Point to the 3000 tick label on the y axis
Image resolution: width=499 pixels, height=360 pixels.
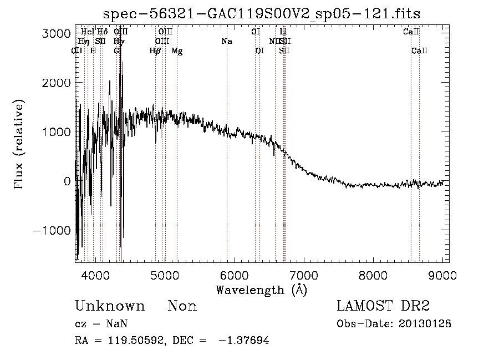57,33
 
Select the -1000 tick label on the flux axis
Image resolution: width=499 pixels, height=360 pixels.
53,230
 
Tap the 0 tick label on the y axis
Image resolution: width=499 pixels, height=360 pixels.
67,181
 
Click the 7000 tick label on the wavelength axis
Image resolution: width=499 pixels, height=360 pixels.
304,275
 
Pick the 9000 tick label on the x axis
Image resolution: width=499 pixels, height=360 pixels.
442,275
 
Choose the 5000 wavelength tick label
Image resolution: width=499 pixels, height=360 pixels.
165,275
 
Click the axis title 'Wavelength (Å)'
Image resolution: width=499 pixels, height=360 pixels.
261,290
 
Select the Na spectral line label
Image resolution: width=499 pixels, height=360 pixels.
226,42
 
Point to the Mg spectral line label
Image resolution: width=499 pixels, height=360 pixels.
177,51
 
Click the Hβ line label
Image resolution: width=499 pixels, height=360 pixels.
155,51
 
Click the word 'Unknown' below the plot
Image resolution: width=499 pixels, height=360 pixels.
109,306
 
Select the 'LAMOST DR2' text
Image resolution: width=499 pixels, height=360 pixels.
383,306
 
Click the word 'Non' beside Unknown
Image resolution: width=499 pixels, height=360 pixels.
182,306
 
